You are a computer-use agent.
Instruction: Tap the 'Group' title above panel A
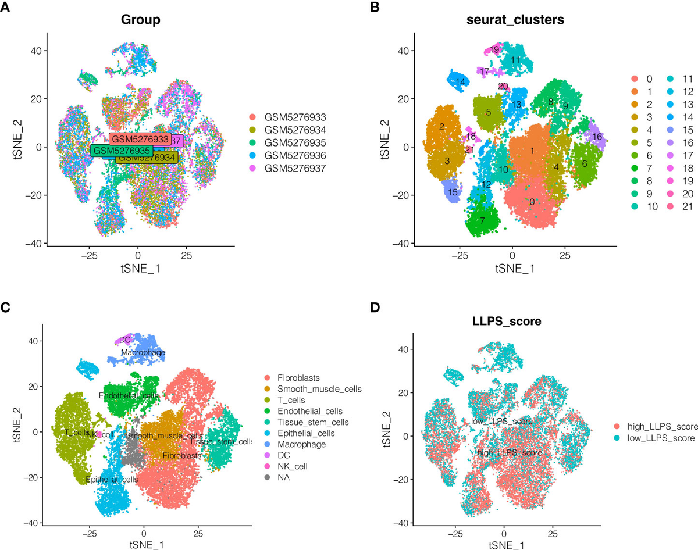coord(141,19)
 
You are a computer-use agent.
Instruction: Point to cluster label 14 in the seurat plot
coord(460,82)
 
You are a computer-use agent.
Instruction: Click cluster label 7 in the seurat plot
coord(482,222)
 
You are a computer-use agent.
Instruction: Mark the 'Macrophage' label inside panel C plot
coord(143,352)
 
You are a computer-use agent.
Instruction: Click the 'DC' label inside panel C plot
coord(124,340)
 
